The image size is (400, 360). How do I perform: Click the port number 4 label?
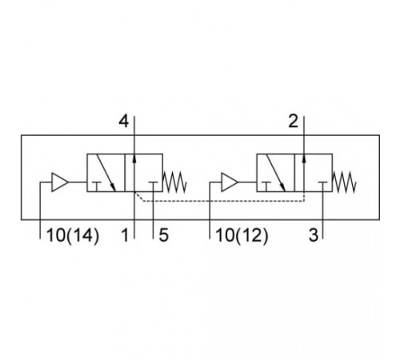coord(123,122)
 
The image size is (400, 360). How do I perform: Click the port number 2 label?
coord(294,122)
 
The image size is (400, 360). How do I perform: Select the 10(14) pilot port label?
coord(73,236)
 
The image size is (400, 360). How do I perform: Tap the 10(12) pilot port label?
coord(242,236)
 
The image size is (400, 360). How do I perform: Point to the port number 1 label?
coord(125,235)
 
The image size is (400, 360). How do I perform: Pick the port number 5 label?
coord(164,235)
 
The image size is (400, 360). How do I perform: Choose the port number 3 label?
coord(314,235)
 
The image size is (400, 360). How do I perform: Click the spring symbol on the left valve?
coord(174,182)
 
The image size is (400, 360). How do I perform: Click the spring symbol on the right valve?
coord(344,182)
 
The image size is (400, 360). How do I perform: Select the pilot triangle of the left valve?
coord(59,182)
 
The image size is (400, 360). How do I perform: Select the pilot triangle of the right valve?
coord(230,182)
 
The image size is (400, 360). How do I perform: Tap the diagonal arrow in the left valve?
coord(106,173)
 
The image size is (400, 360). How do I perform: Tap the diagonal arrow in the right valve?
coord(276,173)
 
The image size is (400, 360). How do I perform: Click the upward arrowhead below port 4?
coord(134,158)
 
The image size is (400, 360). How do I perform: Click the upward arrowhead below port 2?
coord(304,158)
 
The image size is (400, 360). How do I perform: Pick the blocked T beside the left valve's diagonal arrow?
coord(96,186)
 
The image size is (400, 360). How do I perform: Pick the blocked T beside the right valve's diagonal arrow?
coord(266,186)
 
